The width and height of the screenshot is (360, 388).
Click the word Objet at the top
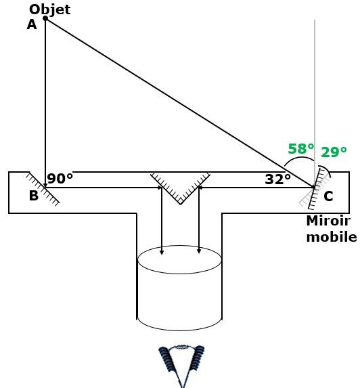(49, 10)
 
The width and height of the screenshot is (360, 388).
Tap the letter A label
(32, 25)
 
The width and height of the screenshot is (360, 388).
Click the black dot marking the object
(45, 18)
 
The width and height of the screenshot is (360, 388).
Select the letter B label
(34, 196)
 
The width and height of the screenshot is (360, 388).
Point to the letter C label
(328, 196)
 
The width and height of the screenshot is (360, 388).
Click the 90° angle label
(60, 179)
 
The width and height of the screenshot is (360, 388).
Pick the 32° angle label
(278, 179)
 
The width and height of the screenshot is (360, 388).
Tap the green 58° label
(301, 149)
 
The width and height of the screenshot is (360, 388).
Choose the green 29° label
(334, 152)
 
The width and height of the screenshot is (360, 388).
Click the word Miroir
(328, 221)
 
